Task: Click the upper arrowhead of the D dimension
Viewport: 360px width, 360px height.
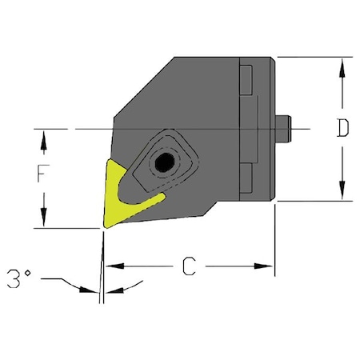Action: tap(342, 66)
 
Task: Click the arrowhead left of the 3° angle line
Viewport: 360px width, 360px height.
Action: tap(86, 288)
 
